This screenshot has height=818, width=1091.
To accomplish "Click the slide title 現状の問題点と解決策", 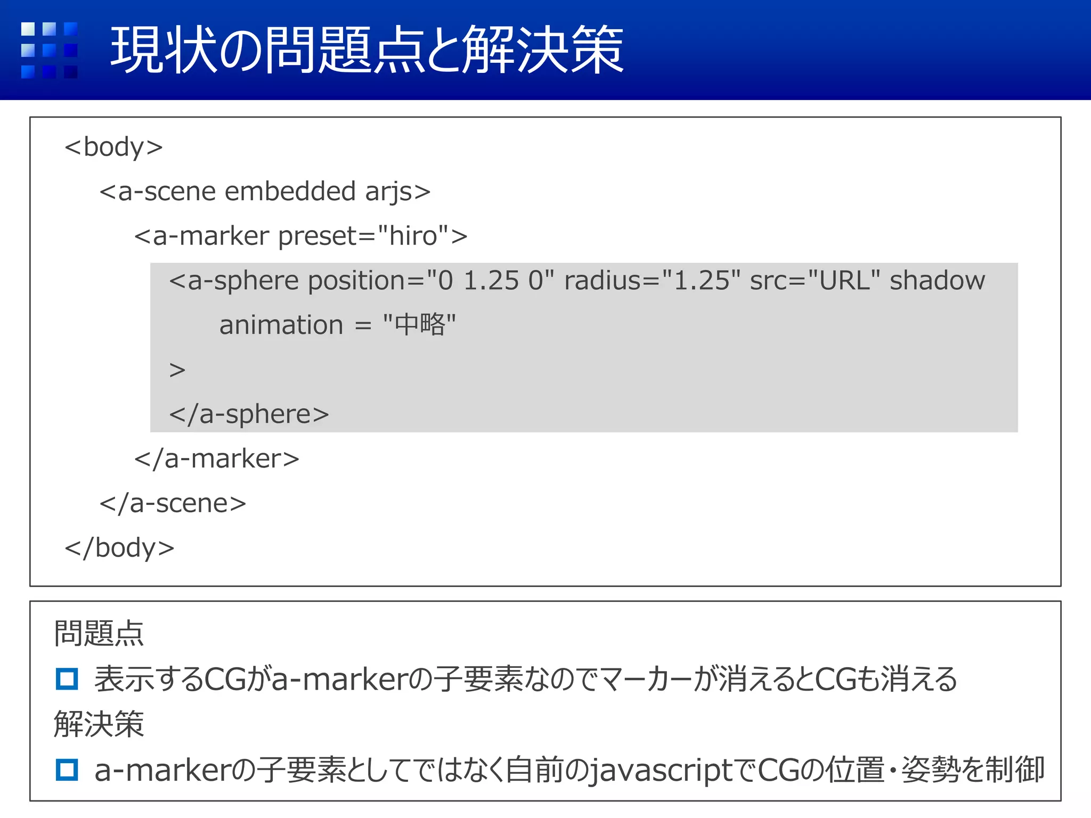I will pos(367,50).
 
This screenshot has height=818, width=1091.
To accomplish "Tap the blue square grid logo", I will pos(49,50).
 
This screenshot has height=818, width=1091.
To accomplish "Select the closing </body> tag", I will pos(119,547).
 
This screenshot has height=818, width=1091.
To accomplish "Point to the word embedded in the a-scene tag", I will pos(290,191).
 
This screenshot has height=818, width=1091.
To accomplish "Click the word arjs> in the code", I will pos(397,191).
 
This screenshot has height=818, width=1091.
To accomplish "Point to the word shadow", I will pos(937,281).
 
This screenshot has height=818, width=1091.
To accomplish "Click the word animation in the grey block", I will pos(281,325).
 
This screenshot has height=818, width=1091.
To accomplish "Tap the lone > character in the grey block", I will pos(177,370).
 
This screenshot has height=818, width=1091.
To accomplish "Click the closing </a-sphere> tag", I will pos(249,414).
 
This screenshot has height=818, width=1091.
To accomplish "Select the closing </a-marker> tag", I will pos(217,459).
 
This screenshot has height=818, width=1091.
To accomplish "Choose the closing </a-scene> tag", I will pos(173,503).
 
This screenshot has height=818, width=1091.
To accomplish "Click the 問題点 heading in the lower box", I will pos(99,633).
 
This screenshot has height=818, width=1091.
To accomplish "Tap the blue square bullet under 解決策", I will pos(67,770).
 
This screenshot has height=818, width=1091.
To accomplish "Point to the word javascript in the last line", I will pos(661,771).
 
